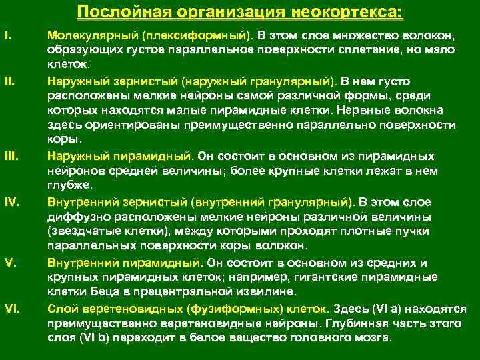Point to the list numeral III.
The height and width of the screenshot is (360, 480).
point(11,156)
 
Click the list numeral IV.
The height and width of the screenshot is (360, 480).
point(11,201)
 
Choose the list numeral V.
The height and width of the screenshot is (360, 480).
point(9,262)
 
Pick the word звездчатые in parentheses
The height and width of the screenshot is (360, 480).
point(83,231)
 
